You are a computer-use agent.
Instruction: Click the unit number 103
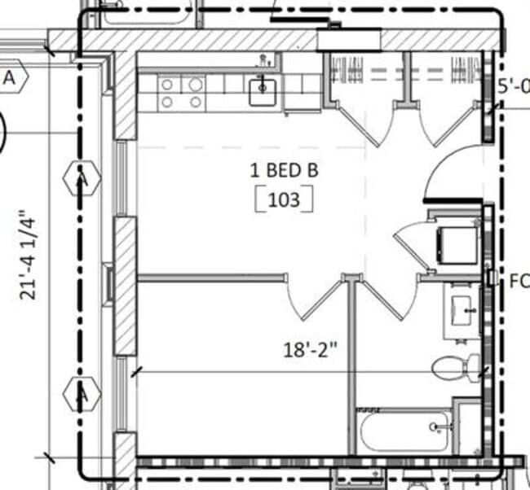point(285,199)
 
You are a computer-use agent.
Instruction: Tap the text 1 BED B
point(284,171)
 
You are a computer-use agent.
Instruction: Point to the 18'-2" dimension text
point(310,351)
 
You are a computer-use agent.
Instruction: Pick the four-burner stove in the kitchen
point(181,92)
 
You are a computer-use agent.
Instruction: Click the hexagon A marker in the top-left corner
point(12,78)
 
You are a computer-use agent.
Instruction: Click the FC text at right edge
point(519,282)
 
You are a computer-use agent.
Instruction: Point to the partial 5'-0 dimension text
point(513,85)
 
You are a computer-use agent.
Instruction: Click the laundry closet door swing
point(412,241)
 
